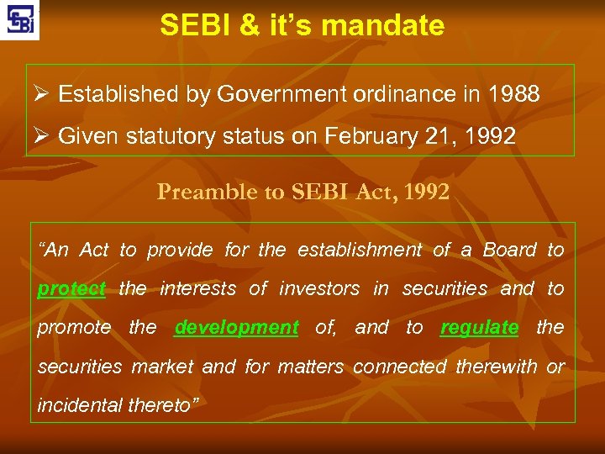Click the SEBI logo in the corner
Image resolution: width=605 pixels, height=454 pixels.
click(x=19, y=20)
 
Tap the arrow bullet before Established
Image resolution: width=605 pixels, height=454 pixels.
click(x=44, y=94)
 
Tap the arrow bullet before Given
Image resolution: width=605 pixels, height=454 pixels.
click(x=44, y=135)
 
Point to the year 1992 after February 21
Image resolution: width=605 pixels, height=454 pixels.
click(x=487, y=135)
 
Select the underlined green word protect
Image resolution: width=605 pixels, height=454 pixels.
click(x=71, y=289)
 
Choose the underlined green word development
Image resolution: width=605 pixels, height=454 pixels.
click(x=236, y=328)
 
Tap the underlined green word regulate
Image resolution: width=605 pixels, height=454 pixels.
click(x=479, y=328)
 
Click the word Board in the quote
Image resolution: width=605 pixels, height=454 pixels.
click(x=509, y=251)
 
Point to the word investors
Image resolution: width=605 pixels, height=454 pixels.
click(x=321, y=289)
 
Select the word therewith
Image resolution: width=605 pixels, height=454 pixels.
click(x=497, y=367)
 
